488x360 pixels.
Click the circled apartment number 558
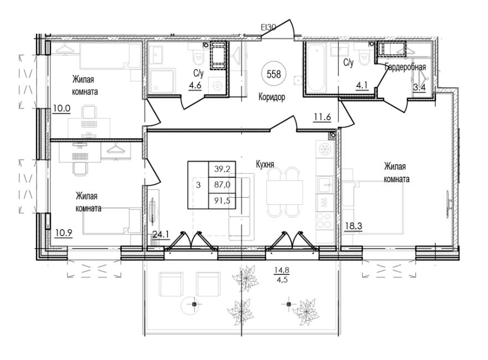point(274,74)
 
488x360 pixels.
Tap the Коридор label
point(272,97)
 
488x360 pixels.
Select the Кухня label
point(265,164)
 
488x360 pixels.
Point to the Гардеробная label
point(405,67)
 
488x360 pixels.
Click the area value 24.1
point(161,234)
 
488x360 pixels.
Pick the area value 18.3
point(353,226)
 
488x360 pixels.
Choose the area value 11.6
point(322,117)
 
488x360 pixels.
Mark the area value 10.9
point(64,233)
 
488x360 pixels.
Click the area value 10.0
point(61,109)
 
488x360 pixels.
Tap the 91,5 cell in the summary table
point(222,201)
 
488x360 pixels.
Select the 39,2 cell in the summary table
point(222,169)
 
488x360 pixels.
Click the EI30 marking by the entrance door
point(269,28)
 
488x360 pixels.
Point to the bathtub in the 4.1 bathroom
point(316,67)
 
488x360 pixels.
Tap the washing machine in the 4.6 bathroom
point(218,84)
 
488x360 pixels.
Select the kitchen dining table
point(285,192)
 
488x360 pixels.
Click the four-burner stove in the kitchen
point(325,220)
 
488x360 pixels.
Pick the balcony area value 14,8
point(281,270)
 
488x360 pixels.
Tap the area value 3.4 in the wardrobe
point(419,88)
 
